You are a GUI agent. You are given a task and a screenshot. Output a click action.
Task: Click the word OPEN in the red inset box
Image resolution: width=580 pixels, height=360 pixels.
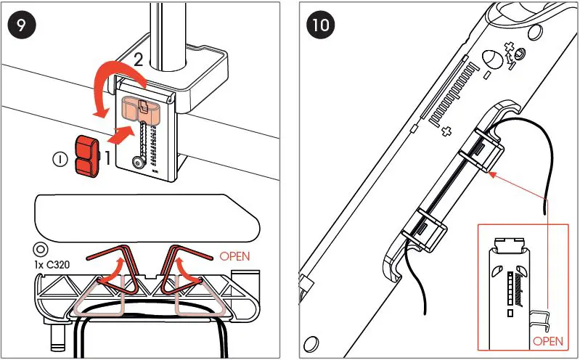tap(547, 340)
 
